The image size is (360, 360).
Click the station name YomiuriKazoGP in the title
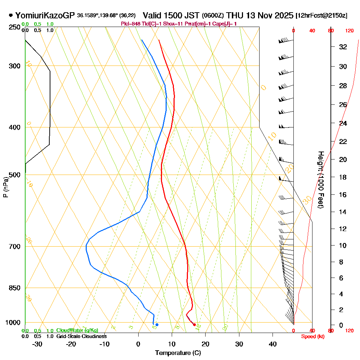pos(45,15)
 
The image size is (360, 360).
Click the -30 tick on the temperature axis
pos(37,344)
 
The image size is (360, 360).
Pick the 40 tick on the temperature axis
pos(273,344)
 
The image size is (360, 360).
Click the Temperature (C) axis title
pos(178,353)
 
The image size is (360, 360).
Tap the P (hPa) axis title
pos(5,187)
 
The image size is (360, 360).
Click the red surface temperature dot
pos(194,325)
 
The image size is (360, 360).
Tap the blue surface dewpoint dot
pos(157,325)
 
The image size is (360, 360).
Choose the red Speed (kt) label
pos(312,337)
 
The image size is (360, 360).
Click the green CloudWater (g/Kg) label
pos(77,330)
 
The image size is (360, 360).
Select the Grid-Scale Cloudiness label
pos(81,336)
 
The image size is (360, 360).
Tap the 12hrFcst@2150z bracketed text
pos(321,16)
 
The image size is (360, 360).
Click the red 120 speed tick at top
pos(349,31)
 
